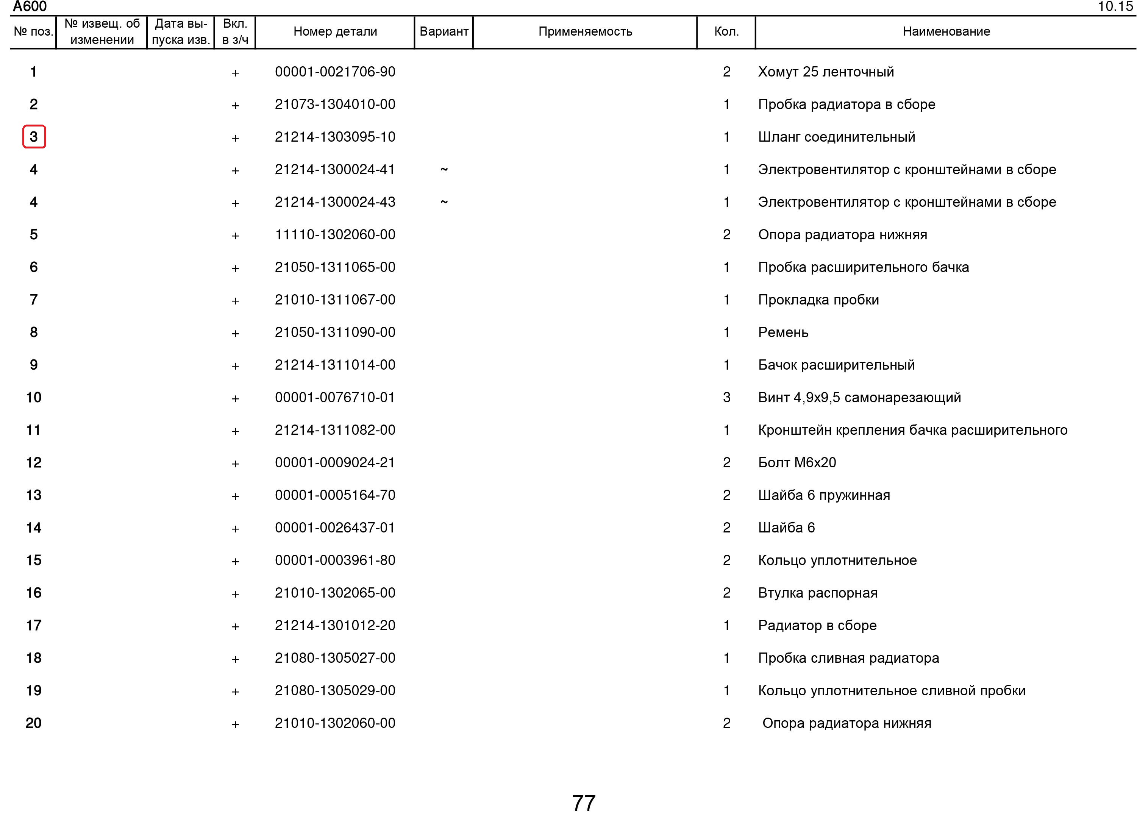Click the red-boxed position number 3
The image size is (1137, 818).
(34, 137)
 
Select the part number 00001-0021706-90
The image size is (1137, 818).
(335, 72)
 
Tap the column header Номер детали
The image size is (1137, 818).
(335, 31)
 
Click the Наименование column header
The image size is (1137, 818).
(946, 31)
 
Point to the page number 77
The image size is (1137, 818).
(584, 803)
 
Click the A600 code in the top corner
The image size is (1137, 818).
(30, 6)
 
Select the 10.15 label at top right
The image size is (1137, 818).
(1115, 6)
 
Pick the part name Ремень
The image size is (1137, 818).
(783, 333)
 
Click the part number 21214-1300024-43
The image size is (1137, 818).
(335, 202)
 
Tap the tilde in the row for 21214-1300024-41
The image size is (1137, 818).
(444, 169)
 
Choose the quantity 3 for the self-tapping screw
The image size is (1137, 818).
(726, 398)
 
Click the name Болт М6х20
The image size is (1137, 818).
(797, 463)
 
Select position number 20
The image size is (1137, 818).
(34, 723)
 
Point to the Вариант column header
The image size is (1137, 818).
(444, 31)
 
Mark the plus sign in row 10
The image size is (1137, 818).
(235, 398)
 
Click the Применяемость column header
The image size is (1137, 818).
(585, 31)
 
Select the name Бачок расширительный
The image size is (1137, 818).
(836, 365)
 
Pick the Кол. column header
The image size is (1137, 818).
(726, 31)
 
